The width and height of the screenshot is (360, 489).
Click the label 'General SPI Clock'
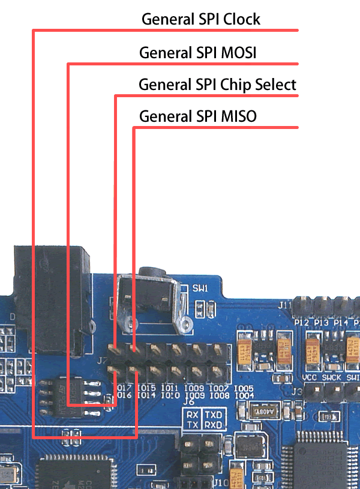[201, 19]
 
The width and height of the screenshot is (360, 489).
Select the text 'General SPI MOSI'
[198, 53]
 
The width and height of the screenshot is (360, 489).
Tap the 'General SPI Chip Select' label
[217, 85]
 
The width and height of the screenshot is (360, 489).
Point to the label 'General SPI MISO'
[198, 116]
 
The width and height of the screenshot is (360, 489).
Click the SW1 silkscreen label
[200, 289]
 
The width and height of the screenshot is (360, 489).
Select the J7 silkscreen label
[101, 361]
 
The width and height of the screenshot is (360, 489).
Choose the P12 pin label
[301, 323]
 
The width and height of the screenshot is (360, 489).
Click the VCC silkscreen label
[310, 378]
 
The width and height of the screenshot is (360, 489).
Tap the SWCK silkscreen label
[332, 378]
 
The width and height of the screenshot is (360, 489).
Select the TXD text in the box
[213, 415]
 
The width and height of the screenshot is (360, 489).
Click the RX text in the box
[192, 415]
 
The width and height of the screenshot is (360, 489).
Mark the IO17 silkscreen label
[125, 388]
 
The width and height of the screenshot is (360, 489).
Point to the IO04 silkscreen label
[244, 395]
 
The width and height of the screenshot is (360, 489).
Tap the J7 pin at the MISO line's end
[134, 349]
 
